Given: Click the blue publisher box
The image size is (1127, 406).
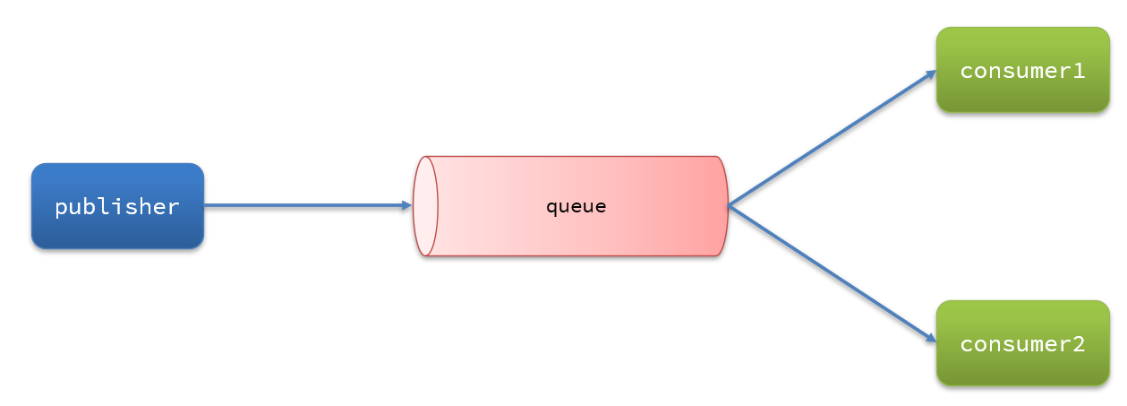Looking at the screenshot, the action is click(x=118, y=206).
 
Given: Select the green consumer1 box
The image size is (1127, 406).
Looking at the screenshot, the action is click(x=1023, y=70).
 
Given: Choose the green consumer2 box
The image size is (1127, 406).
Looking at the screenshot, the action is click(x=1023, y=343).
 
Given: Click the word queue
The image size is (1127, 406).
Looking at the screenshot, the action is click(x=576, y=207).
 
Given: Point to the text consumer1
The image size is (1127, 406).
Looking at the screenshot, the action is click(x=1022, y=71).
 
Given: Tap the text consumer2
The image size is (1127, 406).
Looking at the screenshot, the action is click(x=1022, y=344).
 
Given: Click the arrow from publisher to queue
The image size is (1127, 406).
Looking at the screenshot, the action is click(x=308, y=205).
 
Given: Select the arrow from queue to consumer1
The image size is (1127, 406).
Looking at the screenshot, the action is click(x=832, y=138).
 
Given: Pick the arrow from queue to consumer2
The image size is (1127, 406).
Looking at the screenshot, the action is click(x=832, y=274).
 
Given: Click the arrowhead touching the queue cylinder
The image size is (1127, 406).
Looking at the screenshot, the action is click(x=407, y=205).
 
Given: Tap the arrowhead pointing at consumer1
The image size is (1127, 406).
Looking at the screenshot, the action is click(x=931, y=74).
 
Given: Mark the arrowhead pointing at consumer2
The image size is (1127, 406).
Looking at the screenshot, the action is click(x=931, y=338).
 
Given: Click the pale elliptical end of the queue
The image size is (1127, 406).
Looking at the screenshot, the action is click(x=425, y=206).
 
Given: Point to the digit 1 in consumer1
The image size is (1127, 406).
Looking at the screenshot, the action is click(x=1079, y=71).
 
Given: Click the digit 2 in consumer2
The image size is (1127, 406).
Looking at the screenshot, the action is click(x=1079, y=344).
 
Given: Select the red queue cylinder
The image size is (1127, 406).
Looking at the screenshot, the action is click(x=570, y=206).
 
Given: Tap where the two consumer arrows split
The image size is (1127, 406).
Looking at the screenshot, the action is click(x=729, y=205).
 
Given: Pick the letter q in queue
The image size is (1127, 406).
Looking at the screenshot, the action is click(x=552, y=209).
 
